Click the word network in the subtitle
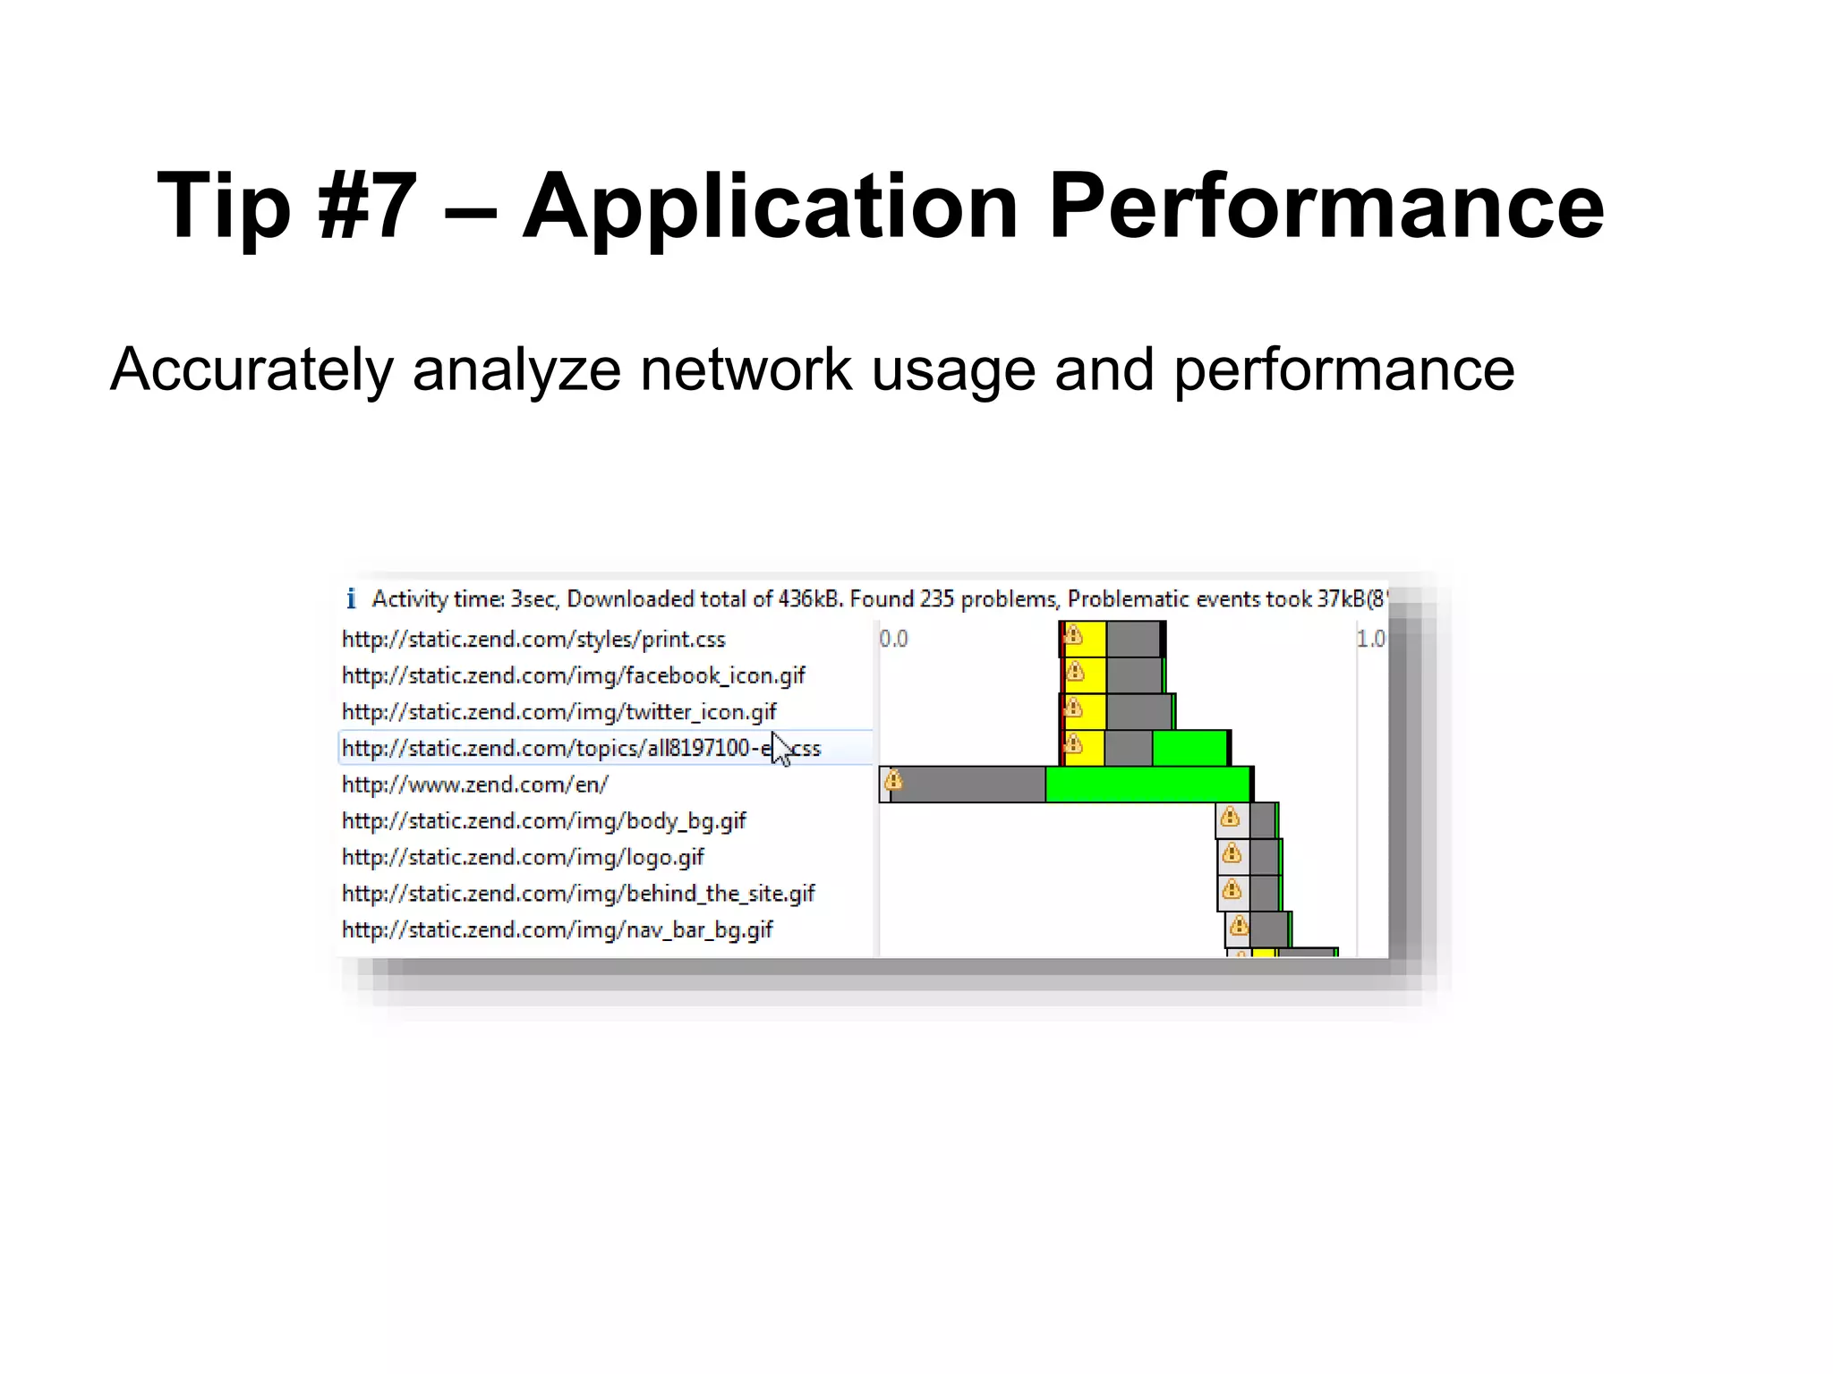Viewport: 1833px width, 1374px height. pyautogui.click(x=746, y=369)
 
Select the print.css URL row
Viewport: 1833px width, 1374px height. pyautogui.click(x=533, y=640)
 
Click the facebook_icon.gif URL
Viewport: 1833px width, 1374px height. pyautogui.click(x=573, y=675)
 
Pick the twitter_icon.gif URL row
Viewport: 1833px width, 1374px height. pyautogui.click(x=558, y=712)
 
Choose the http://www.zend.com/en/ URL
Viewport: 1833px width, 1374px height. pyautogui.click(x=474, y=785)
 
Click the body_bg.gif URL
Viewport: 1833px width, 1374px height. pyautogui.click(x=543, y=821)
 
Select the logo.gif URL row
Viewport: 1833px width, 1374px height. pyautogui.click(x=523, y=857)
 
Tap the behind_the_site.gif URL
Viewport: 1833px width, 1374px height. pyautogui.click(x=578, y=894)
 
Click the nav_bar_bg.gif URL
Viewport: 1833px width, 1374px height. pyautogui.click(x=557, y=930)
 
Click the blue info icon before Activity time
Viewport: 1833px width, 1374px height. pyautogui.click(x=351, y=598)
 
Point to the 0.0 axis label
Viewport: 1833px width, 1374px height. pyautogui.click(x=893, y=639)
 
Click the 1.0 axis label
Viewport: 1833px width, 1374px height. pyautogui.click(x=1370, y=639)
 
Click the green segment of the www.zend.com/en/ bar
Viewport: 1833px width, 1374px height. pyautogui.click(x=1147, y=785)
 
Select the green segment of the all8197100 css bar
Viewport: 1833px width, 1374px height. pyautogui.click(x=1189, y=748)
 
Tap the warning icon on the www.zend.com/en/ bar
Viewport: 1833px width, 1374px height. pyautogui.click(x=893, y=781)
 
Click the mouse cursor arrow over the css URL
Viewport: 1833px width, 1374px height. pyautogui.click(x=780, y=748)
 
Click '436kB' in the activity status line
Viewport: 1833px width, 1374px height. pyautogui.click(x=809, y=598)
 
